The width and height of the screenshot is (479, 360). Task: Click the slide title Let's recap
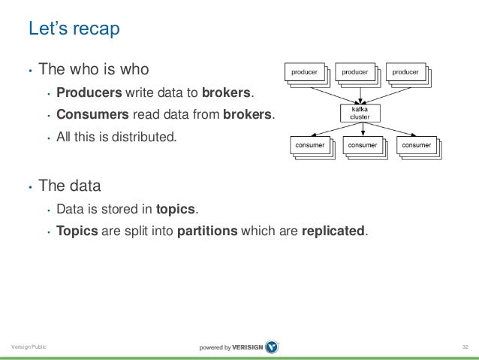click(74, 29)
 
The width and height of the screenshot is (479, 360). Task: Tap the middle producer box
click(355, 72)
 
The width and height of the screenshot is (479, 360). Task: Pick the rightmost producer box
click(405, 72)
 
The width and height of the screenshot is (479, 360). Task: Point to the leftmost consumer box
click(310, 144)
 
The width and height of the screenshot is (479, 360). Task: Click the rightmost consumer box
click(416, 144)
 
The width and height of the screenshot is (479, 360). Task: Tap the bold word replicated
click(333, 231)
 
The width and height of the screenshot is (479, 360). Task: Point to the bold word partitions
click(207, 231)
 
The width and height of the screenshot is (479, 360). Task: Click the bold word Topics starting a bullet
click(77, 231)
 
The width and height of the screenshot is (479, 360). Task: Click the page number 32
click(465, 346)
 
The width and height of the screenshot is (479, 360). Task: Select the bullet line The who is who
click(94, 70)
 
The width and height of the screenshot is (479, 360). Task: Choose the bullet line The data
click(69, 185)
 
